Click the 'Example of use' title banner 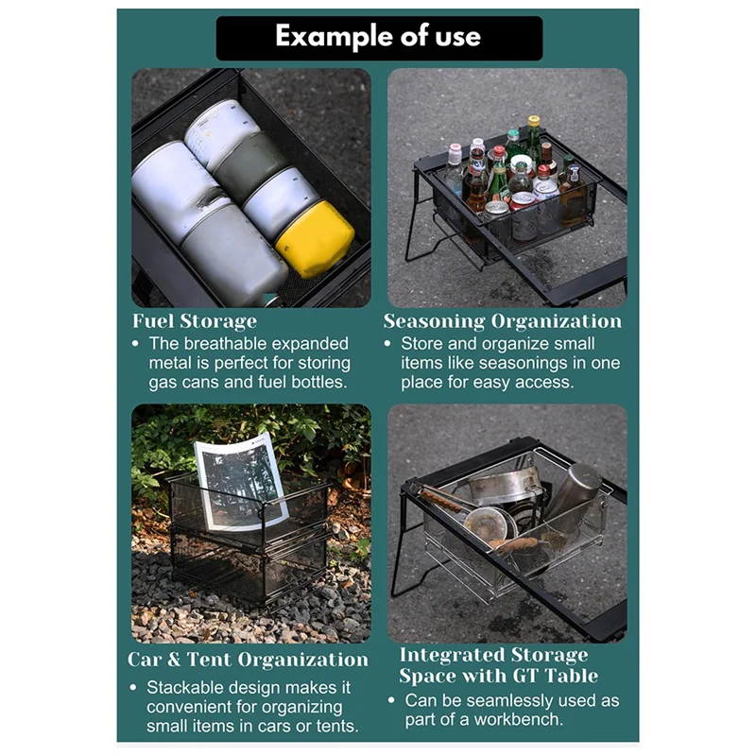[378, 38]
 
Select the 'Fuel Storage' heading [194, 321]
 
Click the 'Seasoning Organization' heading [503, 321]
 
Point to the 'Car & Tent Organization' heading [248, 659]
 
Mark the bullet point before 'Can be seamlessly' [391, 701]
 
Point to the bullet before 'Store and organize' [388, 345]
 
